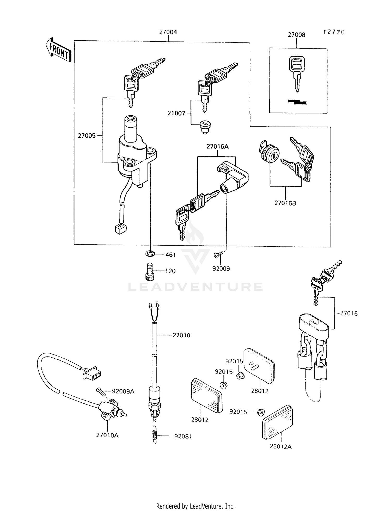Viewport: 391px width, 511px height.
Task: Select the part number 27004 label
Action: [x=168, y=32]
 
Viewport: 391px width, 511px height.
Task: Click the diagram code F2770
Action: [x=334, y=32]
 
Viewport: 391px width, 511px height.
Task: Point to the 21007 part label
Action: [x=176, y=113]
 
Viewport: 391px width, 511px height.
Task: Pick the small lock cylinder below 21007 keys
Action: [x=205, y=127]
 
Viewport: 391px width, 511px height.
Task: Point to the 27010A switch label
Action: [x=107, y=435]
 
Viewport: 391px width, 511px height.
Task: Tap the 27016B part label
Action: [x=285, y=203]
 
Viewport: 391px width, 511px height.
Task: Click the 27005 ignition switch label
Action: [x=87, y=136]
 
